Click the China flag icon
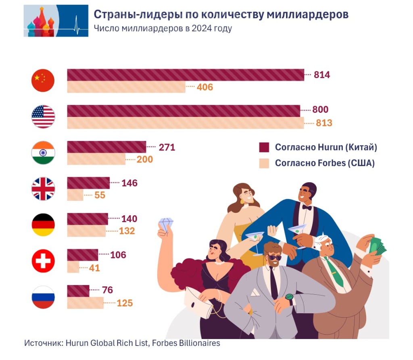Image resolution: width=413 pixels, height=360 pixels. tap(43, 81)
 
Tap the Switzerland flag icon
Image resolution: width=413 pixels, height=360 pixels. tap(43, 261)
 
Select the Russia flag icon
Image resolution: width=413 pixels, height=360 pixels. tap(43, 297)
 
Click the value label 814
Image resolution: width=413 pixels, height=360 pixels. tap(322, 75)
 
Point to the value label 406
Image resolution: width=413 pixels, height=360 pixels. tap(204, 87)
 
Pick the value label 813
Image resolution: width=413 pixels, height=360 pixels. tap(324, 123)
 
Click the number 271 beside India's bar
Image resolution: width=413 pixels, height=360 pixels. tap(167, 147)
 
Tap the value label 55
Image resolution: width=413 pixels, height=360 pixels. tap(100, 195)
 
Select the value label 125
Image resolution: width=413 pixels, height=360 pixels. tap(125, 303)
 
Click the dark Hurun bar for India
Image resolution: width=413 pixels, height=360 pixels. tap(106, 147)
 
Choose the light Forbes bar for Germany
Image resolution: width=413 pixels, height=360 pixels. tap(86, 231)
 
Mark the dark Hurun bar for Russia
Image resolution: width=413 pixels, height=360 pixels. tap(78, 291)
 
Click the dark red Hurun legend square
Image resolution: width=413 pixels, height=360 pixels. tap(264, 147)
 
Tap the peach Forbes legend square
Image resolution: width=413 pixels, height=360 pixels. tap(264, 163)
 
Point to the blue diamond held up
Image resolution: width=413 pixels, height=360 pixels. tap(166, 224)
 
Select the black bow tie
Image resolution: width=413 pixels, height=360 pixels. tap(307, 207)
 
